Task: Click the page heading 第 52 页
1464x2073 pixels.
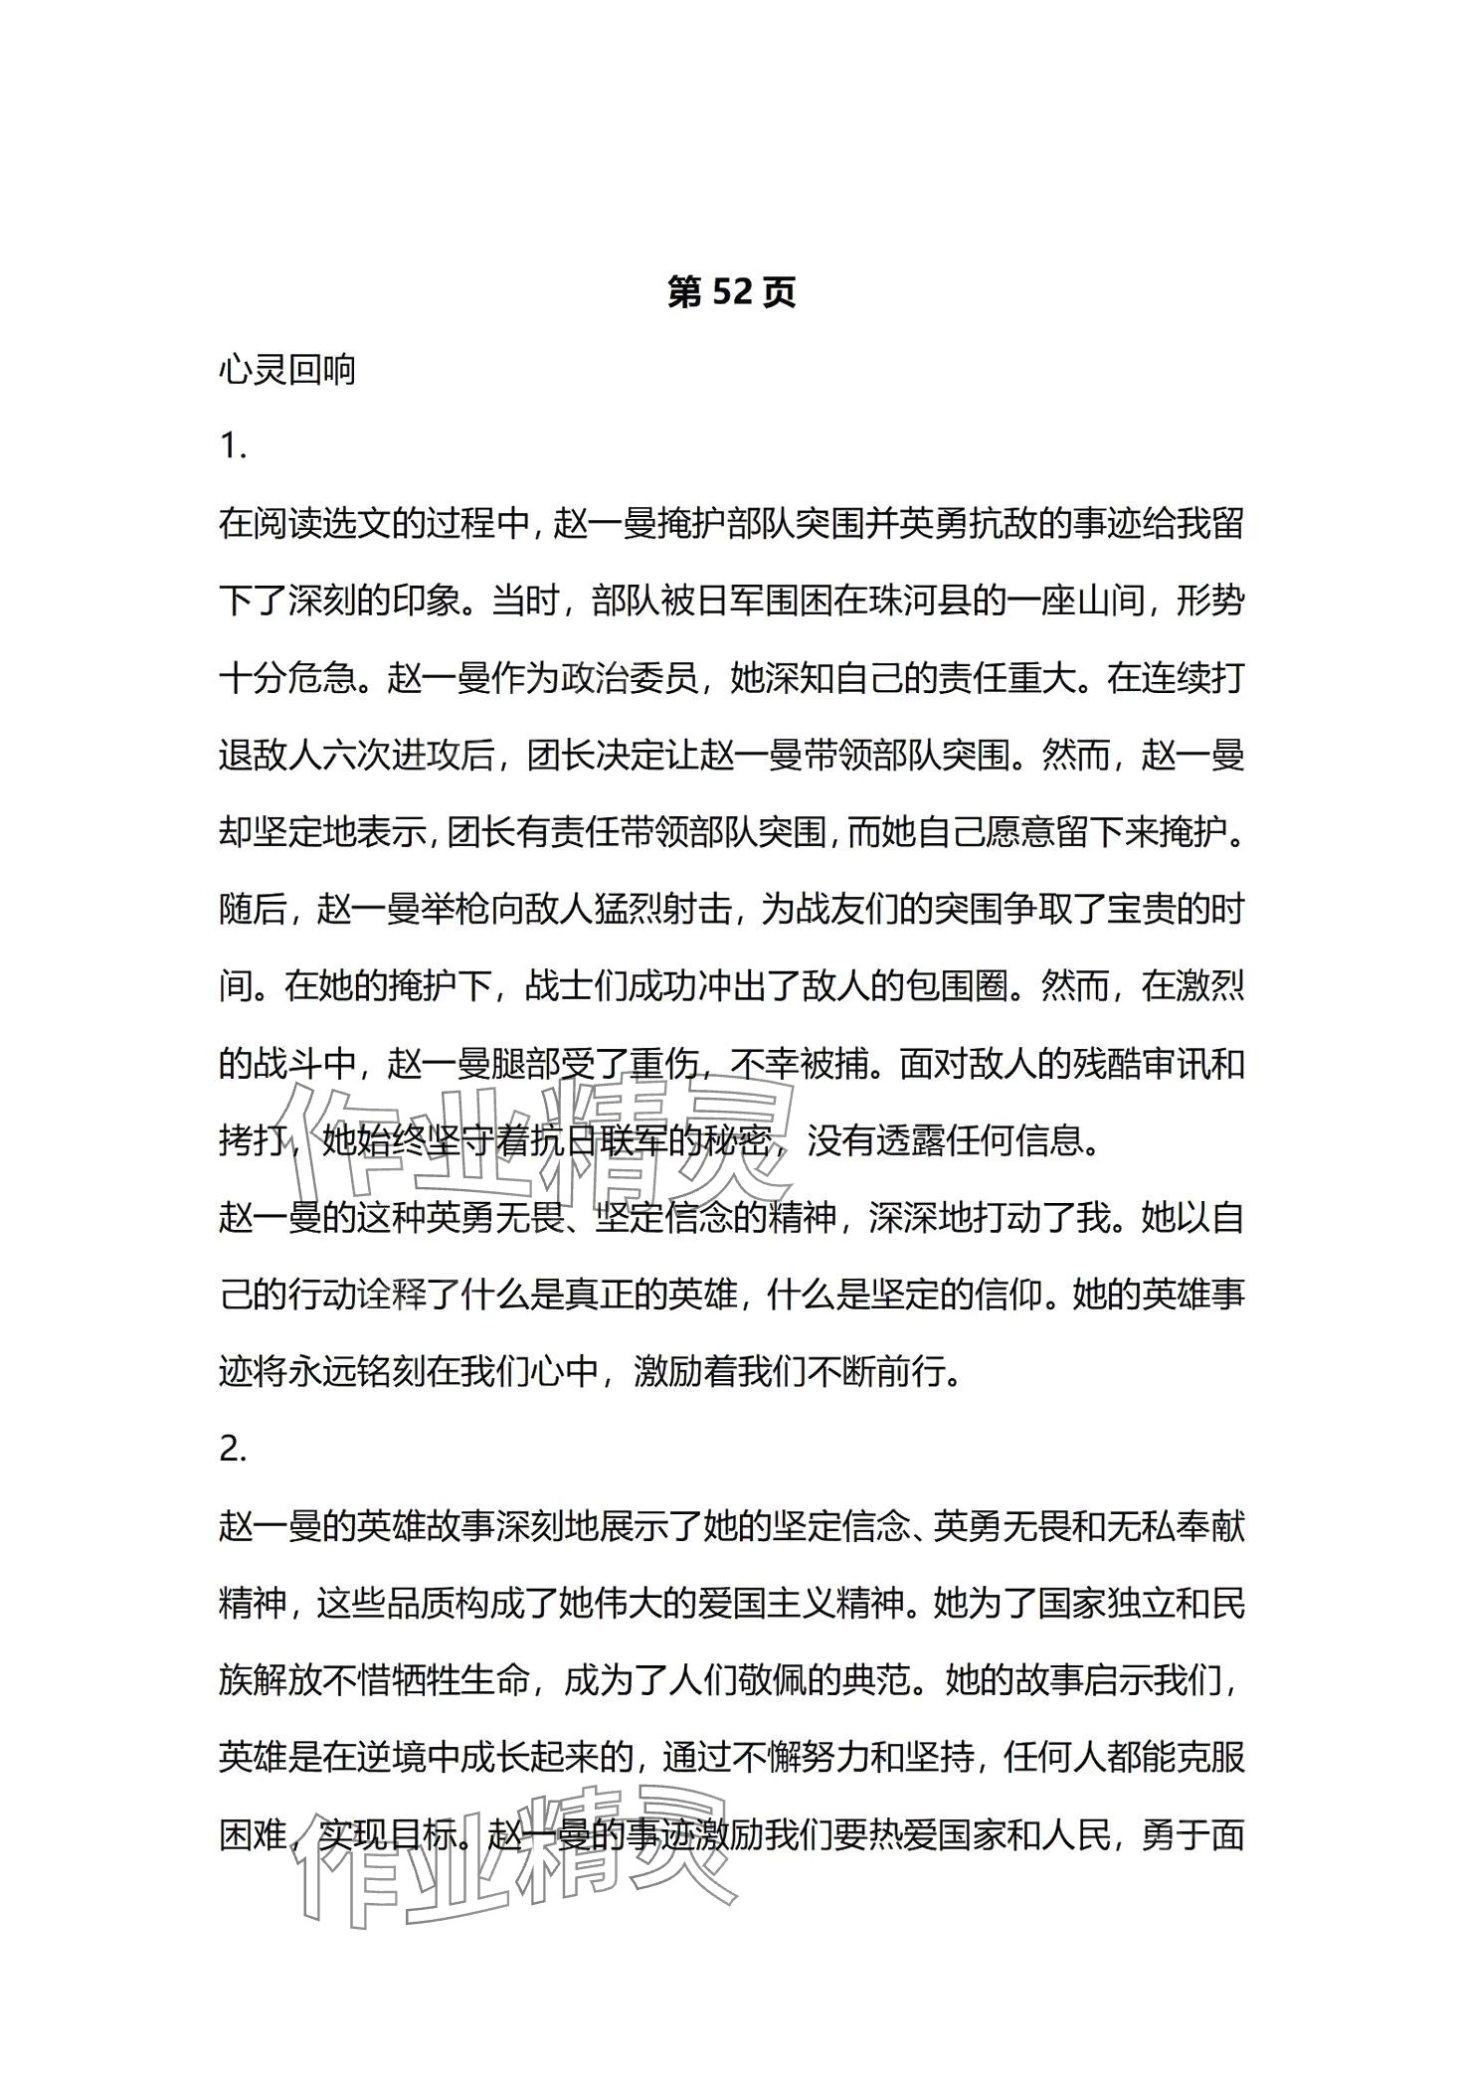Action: pos(731,293)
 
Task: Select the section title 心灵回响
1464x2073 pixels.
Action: pos(286,371)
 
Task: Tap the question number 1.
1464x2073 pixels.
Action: pos(232,447)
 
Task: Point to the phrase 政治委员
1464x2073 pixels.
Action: pos(630,679)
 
